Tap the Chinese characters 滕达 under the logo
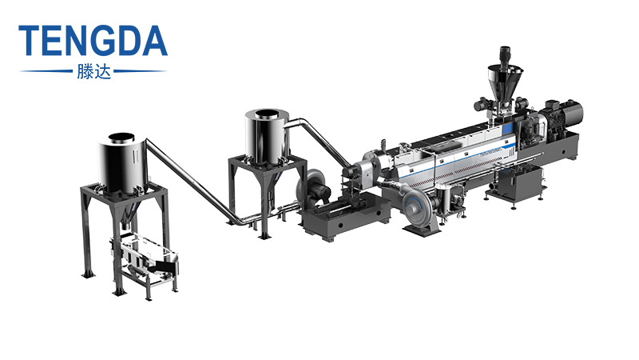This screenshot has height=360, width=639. (93, 70)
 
